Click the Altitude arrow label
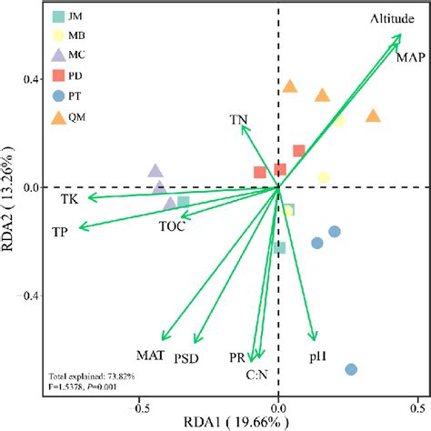click(x=394, y=19)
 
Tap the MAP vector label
click(x=410, y=56)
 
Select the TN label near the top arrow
click(x=238, y=119)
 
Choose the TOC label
click(x=172, y=226)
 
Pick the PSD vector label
click(x=187, y=358)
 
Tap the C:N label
click(x=256, y=374)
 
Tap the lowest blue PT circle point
click(x=351, y=369)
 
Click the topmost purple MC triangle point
click(x=155, y=171)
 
